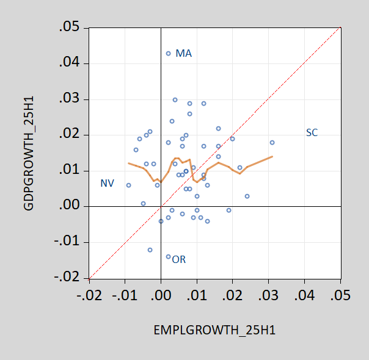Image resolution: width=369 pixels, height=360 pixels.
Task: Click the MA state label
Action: [183, 54]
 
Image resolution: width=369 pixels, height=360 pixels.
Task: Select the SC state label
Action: [312, 132]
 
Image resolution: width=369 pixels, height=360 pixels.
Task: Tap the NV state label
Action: [107, 183]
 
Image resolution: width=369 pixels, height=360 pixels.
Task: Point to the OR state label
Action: [178, 260]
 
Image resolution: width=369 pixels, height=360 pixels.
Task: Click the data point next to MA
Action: [169, 54]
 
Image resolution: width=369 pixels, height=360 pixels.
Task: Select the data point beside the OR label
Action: [169, 257]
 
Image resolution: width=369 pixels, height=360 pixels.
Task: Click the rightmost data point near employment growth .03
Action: [272, 143]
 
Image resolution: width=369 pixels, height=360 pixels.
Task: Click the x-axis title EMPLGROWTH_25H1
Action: [214, 331]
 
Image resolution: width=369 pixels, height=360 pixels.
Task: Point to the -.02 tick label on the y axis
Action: [67, 278]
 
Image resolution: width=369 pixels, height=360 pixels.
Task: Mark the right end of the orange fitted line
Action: [272, 156]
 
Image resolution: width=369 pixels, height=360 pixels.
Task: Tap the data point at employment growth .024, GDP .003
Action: [247, 196]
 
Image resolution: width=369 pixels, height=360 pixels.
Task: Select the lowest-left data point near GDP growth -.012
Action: [150, 250]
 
